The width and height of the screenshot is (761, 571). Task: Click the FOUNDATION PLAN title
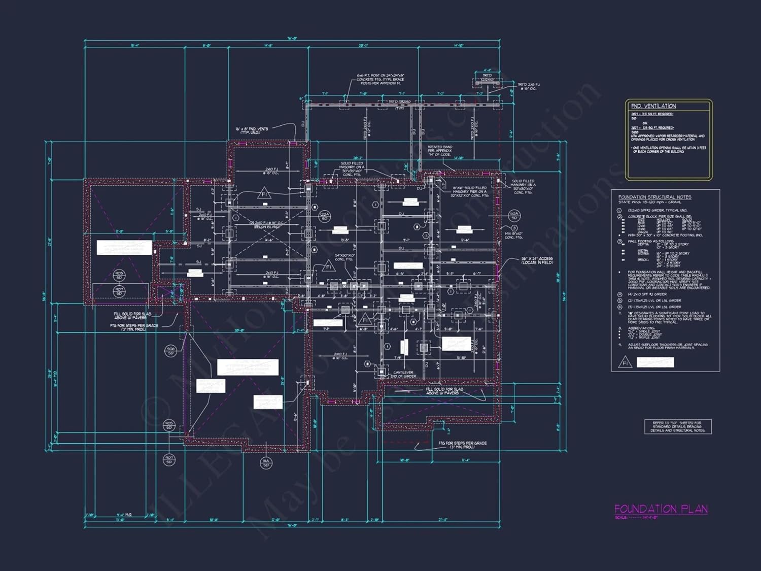coord(661,509)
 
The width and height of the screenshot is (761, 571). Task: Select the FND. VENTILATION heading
coord(653,106)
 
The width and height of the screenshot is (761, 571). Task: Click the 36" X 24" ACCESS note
coord(537,260)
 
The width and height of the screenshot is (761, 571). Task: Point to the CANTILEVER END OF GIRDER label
coord(404,374)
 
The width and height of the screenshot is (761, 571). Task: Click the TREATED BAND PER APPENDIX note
coord(439,151)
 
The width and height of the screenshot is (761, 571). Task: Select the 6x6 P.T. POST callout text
coord(380,79)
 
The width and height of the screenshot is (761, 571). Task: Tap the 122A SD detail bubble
coord(325,216)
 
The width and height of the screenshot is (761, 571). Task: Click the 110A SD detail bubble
coord(514,216)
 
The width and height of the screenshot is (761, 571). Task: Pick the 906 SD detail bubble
coord(170,351)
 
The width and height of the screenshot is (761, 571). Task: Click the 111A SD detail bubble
coord(266,462)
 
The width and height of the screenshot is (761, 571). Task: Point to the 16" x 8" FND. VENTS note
coord(252,130)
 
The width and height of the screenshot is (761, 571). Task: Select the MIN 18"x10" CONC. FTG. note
coord(513,235)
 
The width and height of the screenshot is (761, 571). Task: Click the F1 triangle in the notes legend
coord(625,363)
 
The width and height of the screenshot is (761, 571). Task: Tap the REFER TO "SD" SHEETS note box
coord(678,426)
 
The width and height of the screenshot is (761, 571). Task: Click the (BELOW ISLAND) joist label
coord(267,227)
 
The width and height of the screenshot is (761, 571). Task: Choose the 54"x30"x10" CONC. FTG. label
coord(345,257)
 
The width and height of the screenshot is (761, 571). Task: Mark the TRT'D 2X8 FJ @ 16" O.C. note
coord(528,86)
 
